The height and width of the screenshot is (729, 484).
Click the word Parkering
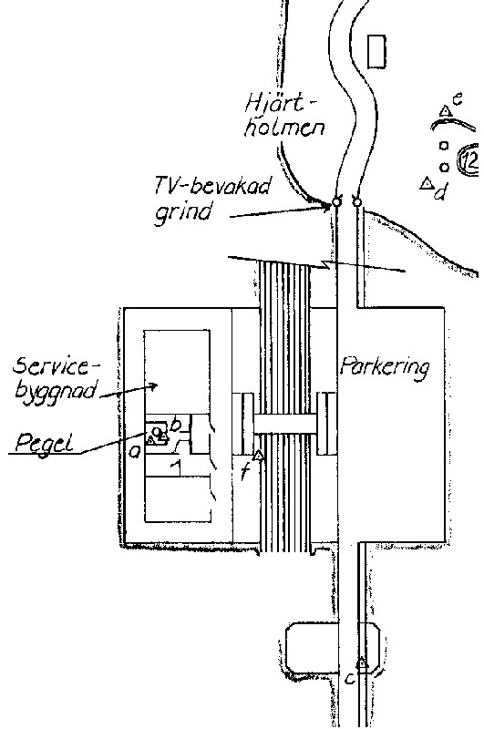tap(384, 368)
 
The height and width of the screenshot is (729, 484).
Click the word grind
tap(182, 212)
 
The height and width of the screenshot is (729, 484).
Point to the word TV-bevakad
tap(212, 188)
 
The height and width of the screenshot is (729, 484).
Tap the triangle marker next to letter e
tap(446, 110)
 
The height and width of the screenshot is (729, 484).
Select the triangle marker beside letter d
tap(426, 184)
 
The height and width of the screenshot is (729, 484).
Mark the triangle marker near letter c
tap(363, 662)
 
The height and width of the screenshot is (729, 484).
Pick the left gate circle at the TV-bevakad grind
tap(335, 202)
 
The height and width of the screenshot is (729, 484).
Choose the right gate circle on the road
tap(357, 202)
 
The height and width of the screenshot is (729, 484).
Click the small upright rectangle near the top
tap(376, 52)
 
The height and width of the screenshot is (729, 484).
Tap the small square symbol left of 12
tap(444, 146)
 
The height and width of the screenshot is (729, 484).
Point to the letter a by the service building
tap(134, 450)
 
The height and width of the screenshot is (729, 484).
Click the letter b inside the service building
tap(177, 426)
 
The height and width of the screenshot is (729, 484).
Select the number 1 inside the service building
tap(176, 467)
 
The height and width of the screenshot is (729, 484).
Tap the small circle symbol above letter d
tap(444, 167)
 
